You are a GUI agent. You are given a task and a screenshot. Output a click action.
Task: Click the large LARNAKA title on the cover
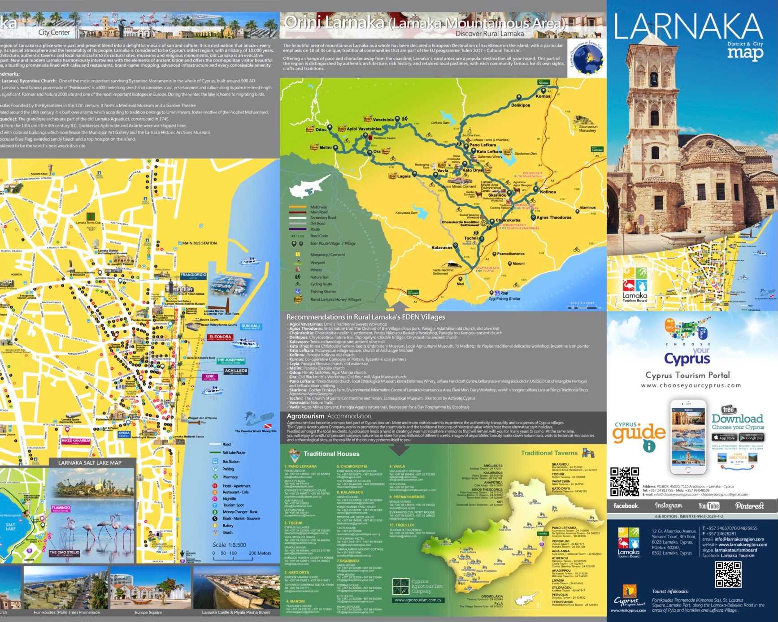point(688,27)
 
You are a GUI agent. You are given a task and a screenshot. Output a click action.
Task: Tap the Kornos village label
point(543,96)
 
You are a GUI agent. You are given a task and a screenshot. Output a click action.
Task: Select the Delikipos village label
point(520,105)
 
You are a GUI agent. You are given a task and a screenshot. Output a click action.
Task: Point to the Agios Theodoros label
point(554,217)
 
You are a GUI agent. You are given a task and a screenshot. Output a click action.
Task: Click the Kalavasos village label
point(442,247)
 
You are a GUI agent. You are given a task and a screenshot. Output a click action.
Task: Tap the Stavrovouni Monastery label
point(588,129)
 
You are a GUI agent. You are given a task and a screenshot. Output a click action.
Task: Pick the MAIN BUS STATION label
point(199,243)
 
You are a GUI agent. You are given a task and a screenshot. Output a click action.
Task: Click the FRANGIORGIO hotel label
point(193,275)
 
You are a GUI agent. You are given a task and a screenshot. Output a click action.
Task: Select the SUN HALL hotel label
point(251,326)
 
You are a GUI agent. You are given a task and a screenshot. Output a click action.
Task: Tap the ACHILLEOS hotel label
point(236,371)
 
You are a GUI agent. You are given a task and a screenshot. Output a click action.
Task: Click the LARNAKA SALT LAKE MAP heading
point(90,463)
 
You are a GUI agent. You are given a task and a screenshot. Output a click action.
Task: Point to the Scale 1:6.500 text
point(229,545)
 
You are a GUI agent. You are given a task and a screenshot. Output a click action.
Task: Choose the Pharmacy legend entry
point(230,477)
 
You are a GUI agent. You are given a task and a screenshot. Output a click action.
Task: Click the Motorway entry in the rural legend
point(318,207)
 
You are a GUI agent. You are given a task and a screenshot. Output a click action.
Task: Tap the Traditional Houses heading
point(331,454)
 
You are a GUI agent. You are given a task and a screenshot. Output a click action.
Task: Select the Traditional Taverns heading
point(549,453)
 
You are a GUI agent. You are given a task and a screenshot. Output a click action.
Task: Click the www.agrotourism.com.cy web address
point(418,600)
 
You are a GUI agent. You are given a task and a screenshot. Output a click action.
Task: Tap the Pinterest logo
point(749,506)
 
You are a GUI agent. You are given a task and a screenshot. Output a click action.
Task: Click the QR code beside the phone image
point(624,482)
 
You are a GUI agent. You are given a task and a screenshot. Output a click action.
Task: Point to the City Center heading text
point(54,32)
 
